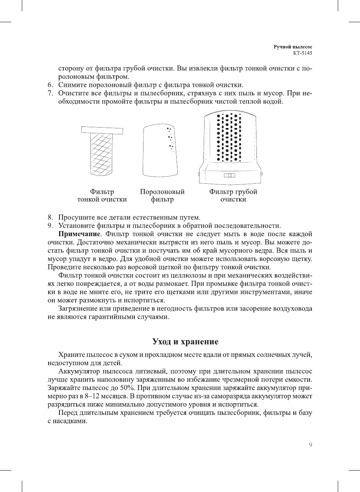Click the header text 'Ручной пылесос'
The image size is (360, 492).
pos(293,47)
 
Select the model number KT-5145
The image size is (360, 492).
pos(302,53)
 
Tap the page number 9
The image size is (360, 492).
pos(310,445)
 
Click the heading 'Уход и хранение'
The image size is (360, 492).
pos(185,342)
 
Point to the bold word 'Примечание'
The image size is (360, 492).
pos(79,234)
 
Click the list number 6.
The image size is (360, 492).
pos(50,85)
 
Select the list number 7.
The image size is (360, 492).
pos(50,93)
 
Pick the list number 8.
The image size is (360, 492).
pos(50,218)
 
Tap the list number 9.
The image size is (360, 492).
pos(50,226)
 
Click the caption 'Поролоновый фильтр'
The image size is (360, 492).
pos(162,196)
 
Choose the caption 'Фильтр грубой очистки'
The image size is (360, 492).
pos(233,195)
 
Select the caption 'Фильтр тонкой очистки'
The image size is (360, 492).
pos(102,196)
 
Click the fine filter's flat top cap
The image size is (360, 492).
pos(102,130)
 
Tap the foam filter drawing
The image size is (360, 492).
pos(160,151)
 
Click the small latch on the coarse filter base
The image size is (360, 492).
pos(229,175)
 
